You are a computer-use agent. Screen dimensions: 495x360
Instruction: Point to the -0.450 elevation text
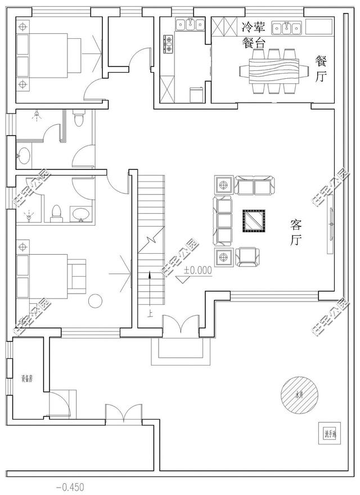[x=72, y=485]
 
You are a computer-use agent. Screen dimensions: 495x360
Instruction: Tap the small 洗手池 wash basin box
[x=328, y=433]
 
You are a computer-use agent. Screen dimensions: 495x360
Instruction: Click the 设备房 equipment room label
[x=27, y=379]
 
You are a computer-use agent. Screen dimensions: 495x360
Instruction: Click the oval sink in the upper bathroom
[x=23, y=156]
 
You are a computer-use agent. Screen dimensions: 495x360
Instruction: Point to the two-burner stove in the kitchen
[x=168, y=44]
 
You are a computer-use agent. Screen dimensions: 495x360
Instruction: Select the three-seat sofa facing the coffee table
[x=224, y=220]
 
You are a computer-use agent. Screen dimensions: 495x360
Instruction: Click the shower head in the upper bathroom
[x=37, y=116]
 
